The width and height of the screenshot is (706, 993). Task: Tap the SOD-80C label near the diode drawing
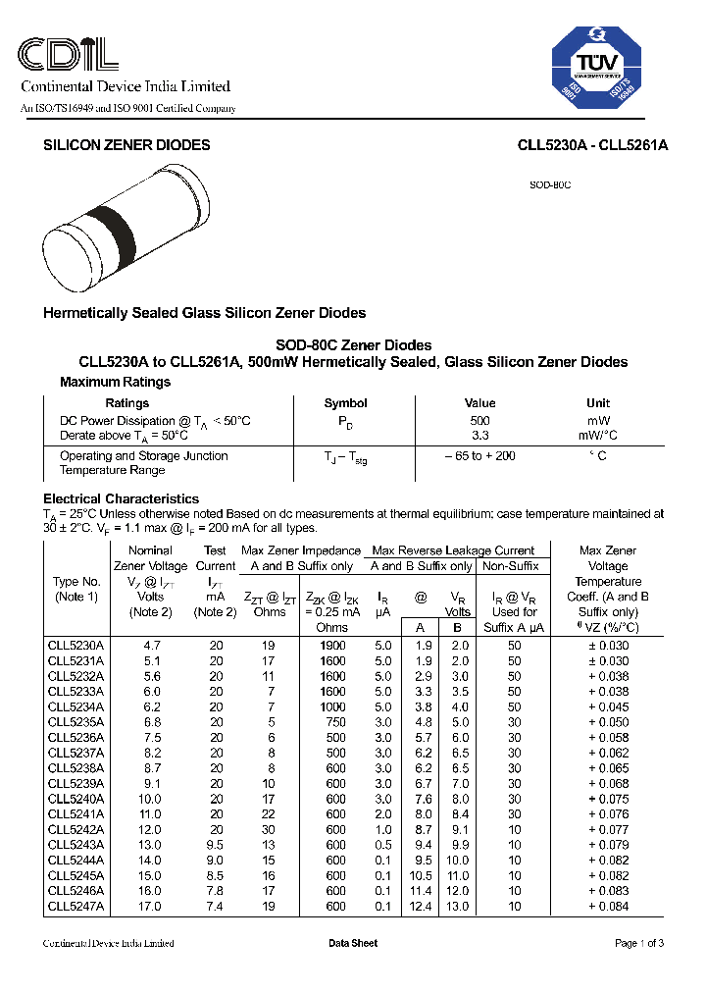pyautogui.click(x=550, y=184)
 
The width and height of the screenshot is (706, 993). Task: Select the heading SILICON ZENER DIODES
pyautogui.click(x=126, y=145)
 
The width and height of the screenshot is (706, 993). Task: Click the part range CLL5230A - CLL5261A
pyautogui.click(x=592, y=145)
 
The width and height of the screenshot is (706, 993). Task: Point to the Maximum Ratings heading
pyautogui.click(x=115, y=382)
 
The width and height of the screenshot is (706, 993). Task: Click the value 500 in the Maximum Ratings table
pyautogui.click(x=479, y=420)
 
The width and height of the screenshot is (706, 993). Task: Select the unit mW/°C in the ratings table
pyautogui.click(x=597, y=435)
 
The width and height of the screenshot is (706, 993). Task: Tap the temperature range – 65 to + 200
pyautogui.click(x=479, y=456)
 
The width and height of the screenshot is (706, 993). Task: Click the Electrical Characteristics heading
pyautogui.click(x=121, y=498)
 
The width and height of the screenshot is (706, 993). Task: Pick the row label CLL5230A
pyautogui.click(x=76, y=646)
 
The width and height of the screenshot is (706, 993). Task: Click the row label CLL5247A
pyautogui.click(x=76, y=907)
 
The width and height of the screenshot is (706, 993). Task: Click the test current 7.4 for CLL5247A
pyautogui.click(x=216, y=907)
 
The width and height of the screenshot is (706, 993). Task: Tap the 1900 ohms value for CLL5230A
pyautogui.click(x=332, y=646)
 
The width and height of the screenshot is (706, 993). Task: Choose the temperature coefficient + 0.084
pyautogui.click(x=608, y=907)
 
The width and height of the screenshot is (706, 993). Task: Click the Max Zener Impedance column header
pyautogui.click(x=300, y=550)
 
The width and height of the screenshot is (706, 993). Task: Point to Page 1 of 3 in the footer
pyautogui.click(x=639, y=943)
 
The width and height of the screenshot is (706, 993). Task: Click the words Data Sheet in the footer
pyautogui.click(x=353, y=943)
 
